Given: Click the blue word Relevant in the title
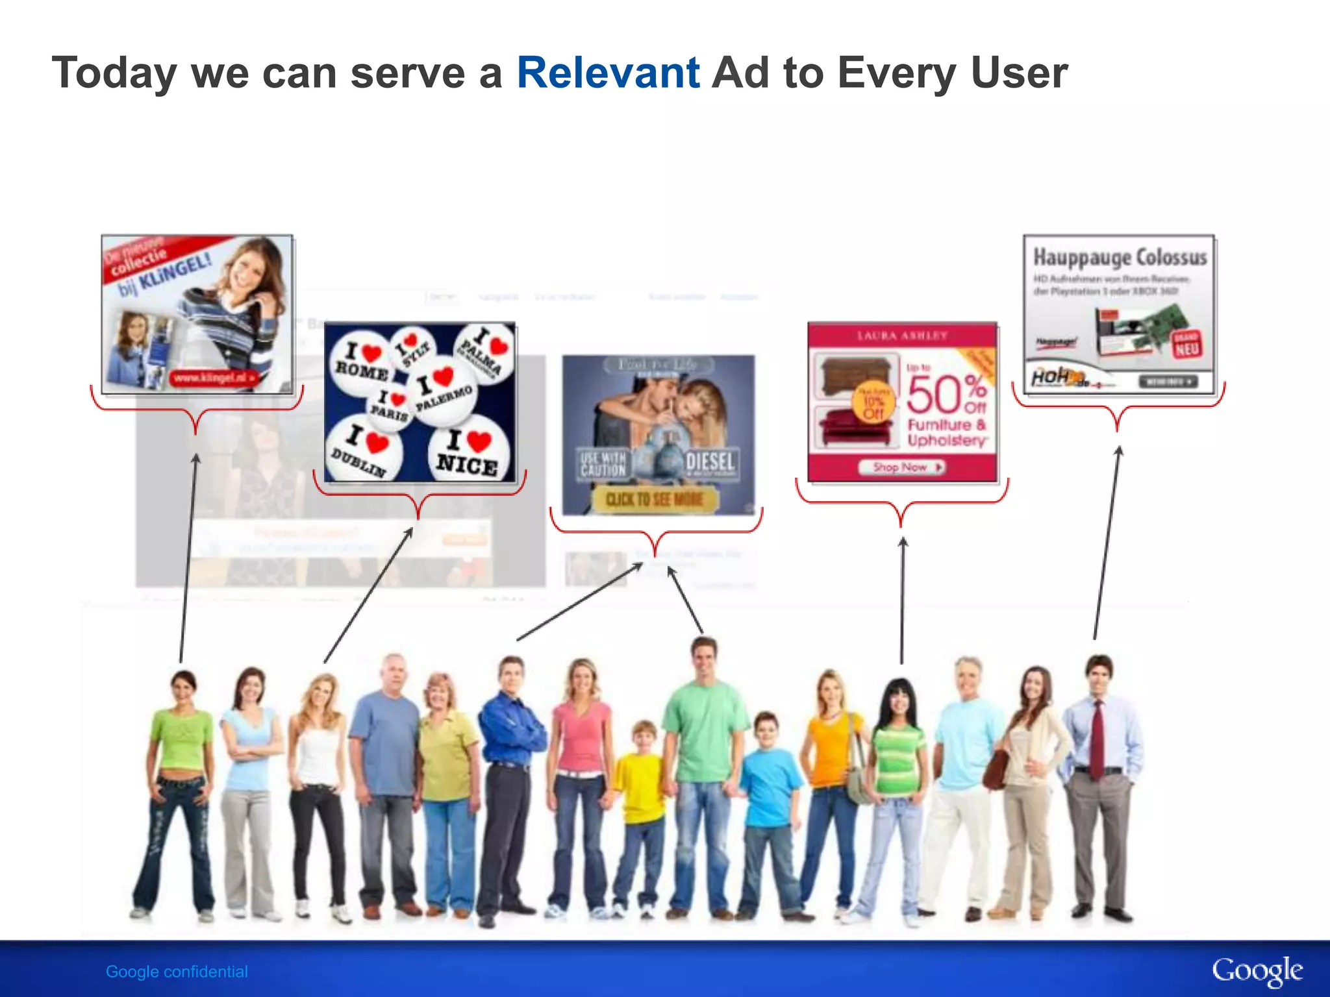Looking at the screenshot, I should (608, 73).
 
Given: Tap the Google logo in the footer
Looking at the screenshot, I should (1257, 971).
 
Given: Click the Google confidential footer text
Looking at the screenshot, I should (177, 972).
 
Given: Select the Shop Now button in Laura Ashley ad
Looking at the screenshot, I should (901, 467).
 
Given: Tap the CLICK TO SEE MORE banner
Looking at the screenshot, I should (655, 499).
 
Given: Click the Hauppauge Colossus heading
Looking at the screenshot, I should (1120, 258).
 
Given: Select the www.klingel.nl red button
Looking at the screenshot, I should (214, 378).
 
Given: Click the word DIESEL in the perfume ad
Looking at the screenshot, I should (710, 462).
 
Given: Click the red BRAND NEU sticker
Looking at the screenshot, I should (1186, 345).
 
